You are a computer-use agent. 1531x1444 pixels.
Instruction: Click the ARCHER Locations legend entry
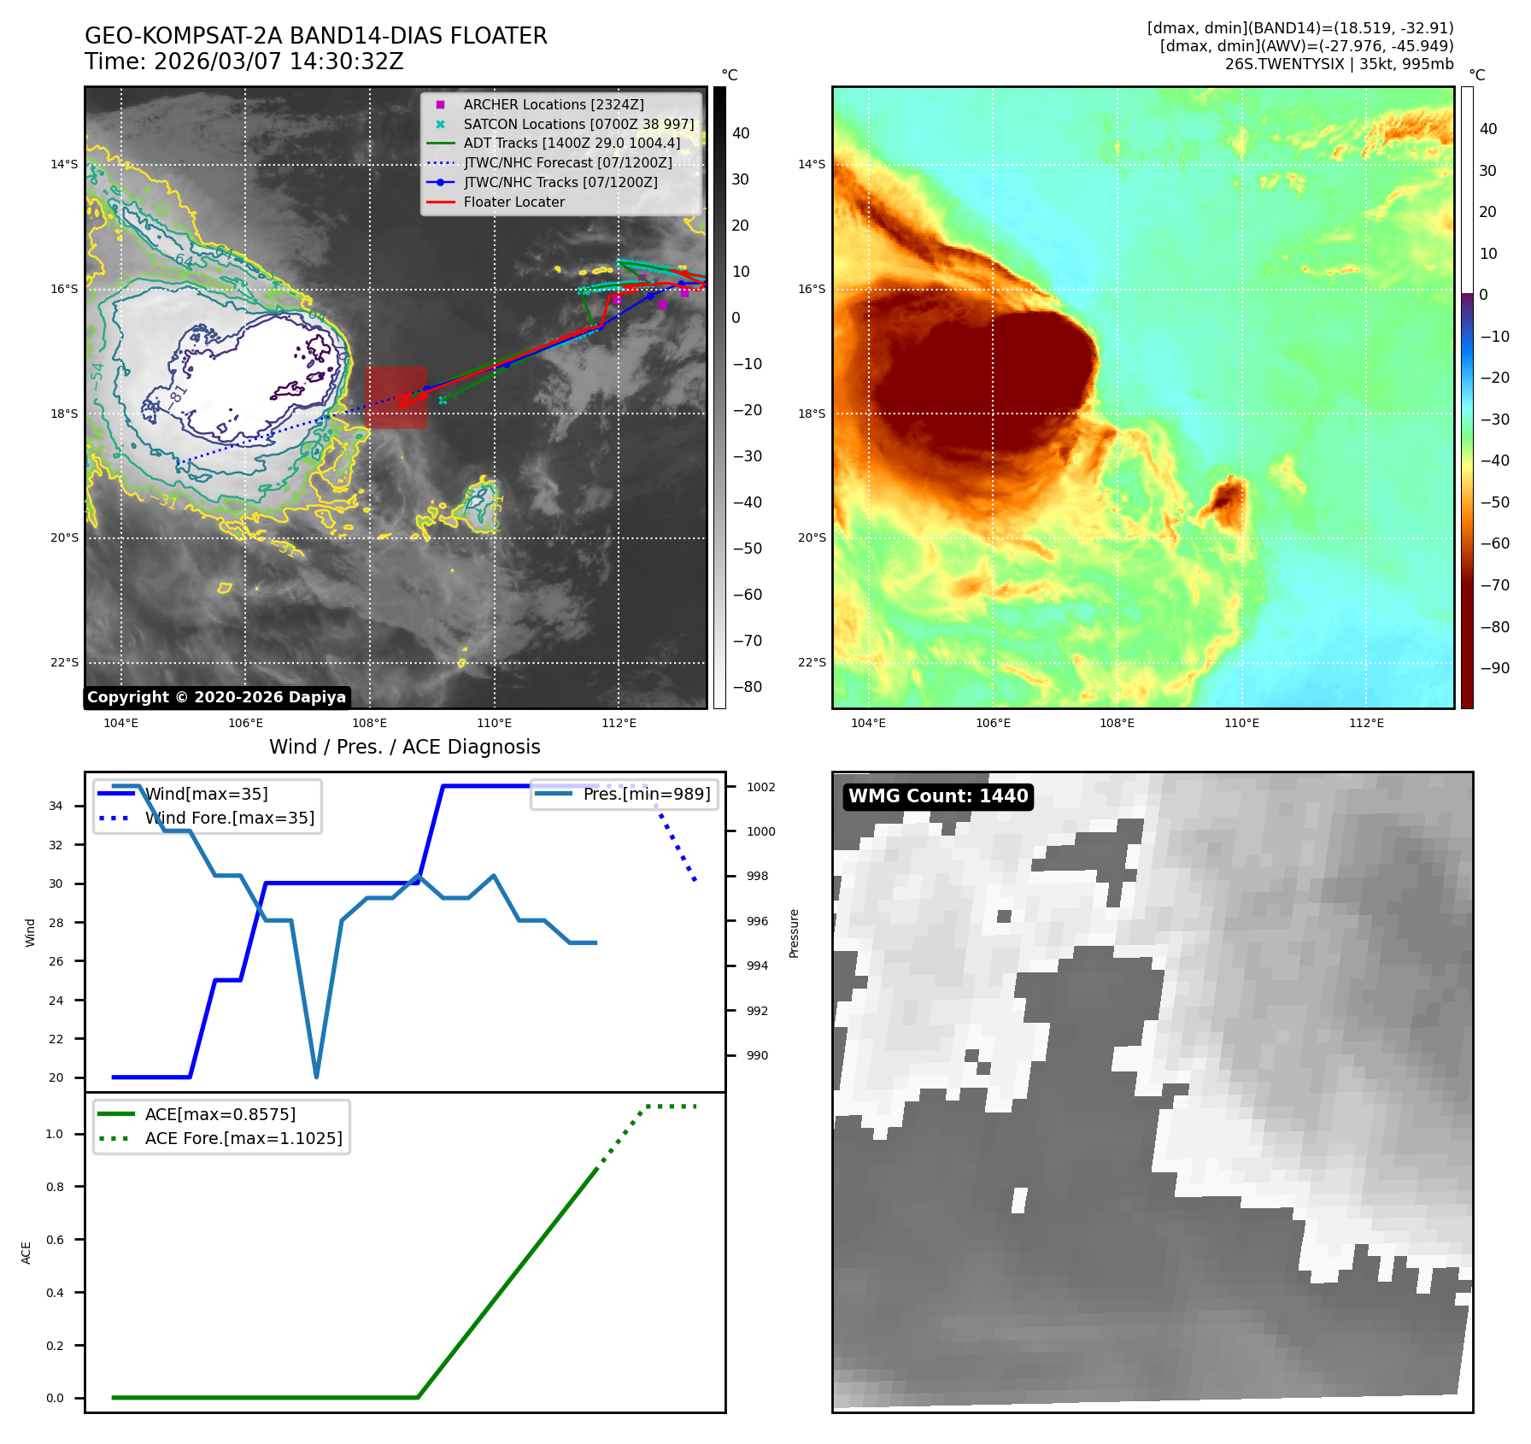click(x=554, y=104)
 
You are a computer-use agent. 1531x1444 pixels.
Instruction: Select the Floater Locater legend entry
click(x=513, y=203)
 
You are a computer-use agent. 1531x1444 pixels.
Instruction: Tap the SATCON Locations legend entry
click(x=578, y=124)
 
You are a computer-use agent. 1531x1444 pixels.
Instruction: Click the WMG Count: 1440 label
click(x=937, y=796)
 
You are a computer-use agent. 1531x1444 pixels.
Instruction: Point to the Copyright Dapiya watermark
click(x=216, y=697)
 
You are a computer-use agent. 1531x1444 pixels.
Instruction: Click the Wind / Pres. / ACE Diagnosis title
click(x=404, y=747)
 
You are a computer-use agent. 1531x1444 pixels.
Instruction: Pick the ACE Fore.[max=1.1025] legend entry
click(x=243, y=1138)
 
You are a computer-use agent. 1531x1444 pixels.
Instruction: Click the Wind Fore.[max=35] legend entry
click(x=229, y=818)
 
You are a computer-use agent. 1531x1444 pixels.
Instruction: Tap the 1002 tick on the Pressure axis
click(x=760, y=787)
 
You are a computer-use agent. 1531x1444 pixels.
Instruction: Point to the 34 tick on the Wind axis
click(x=56, y=806)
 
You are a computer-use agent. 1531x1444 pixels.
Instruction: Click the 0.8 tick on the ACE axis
click(x=55, y=1187)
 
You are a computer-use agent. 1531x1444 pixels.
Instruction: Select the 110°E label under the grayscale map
click(x=494, y=724)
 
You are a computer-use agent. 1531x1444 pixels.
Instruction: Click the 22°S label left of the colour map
click(x=812, y=662)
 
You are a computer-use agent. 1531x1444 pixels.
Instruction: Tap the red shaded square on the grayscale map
click(x=396, y=397)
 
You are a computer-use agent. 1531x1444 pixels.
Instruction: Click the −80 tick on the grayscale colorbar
click(x=747, y=687)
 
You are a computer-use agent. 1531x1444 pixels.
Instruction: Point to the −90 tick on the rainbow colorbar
click(x=1494, y=668)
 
